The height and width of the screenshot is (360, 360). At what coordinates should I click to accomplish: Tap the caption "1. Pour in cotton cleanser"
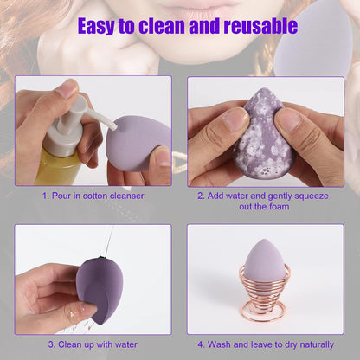click(x=93, y=196)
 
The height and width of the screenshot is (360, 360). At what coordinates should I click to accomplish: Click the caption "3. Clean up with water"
click(x=93, y=344)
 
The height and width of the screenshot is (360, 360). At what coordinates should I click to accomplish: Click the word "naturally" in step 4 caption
click(x=321, y=344)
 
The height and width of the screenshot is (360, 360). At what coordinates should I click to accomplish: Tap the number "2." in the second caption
click(x=201, y=196)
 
